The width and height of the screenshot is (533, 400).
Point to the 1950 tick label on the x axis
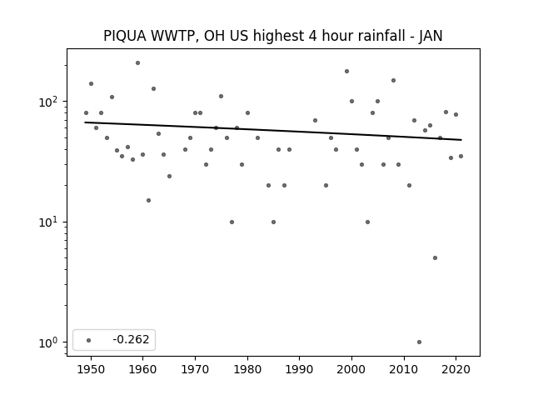pos(91,369)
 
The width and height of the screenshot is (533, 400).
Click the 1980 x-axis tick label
pos(247,369)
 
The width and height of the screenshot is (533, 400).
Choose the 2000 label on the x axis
pos(351,369)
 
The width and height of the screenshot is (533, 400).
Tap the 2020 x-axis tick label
pos(456,369)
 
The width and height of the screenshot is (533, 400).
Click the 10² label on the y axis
pos(50,102)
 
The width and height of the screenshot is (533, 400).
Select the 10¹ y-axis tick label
pos(50,222)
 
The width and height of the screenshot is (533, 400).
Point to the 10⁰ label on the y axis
pos(50,342)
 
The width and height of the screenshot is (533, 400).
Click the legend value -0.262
pos(131,339)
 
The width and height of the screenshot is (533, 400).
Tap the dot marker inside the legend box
pos(88,340)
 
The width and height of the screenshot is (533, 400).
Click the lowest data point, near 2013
pos(419,342)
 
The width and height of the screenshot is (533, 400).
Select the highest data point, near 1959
pos(137,63)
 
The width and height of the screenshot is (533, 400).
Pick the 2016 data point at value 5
pos(435,257)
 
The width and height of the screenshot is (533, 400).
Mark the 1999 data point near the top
pos(346,72)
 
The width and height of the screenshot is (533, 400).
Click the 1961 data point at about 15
pos(148,200)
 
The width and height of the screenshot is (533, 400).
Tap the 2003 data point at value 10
pos(367,222)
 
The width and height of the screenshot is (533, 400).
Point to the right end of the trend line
pos(461,140)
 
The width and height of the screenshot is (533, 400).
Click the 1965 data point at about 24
pos(169,176)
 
